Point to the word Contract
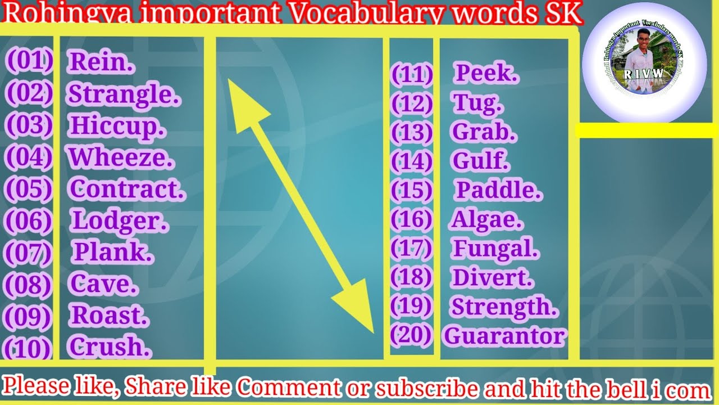pyautogui.click(x=127, y=189)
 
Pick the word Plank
pyautogui.click(x=113, y=253)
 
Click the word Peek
pyautogui.click(x=486, y=73)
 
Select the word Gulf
pyautogui.click(x=481, y=161)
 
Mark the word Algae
pyautogui.click(x=487, y=220)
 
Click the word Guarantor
pyautogui.click(x=504, y=336)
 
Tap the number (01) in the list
pyautogui.click(x=29, y=61)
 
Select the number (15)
pyautogui.click(x=412, y=191)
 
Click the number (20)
pyautogui.click(x=411, y=335)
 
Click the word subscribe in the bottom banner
pyautogui.click(x=427, y=388)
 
